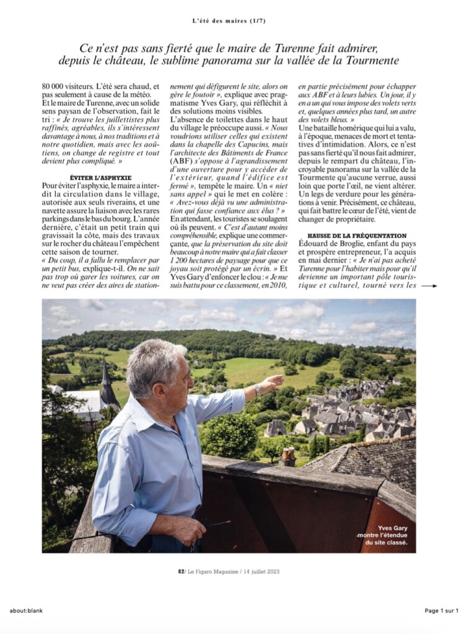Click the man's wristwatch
(x=256, y=390)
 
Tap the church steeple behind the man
(x=105, y=378)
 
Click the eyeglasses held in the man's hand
(x=217, y=524)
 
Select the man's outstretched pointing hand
(x=271, y=384)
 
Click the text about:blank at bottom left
(x=26, y=610)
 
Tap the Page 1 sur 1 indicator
(x=441, y=610)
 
